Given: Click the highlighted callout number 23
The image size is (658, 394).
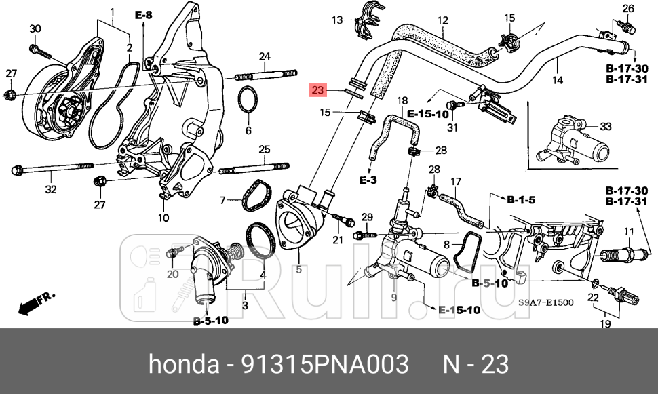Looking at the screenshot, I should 318,90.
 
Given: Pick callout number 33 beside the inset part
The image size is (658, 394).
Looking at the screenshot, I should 606,126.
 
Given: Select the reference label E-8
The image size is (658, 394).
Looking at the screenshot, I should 144,14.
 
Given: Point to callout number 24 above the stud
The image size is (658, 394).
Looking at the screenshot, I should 264,56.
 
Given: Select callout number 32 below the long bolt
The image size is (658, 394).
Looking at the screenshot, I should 51,189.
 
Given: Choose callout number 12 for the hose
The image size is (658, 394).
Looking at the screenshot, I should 442,20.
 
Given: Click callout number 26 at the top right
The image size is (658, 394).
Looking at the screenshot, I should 627,9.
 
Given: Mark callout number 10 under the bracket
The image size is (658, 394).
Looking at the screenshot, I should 163,218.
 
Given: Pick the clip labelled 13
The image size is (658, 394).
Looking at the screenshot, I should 365,26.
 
